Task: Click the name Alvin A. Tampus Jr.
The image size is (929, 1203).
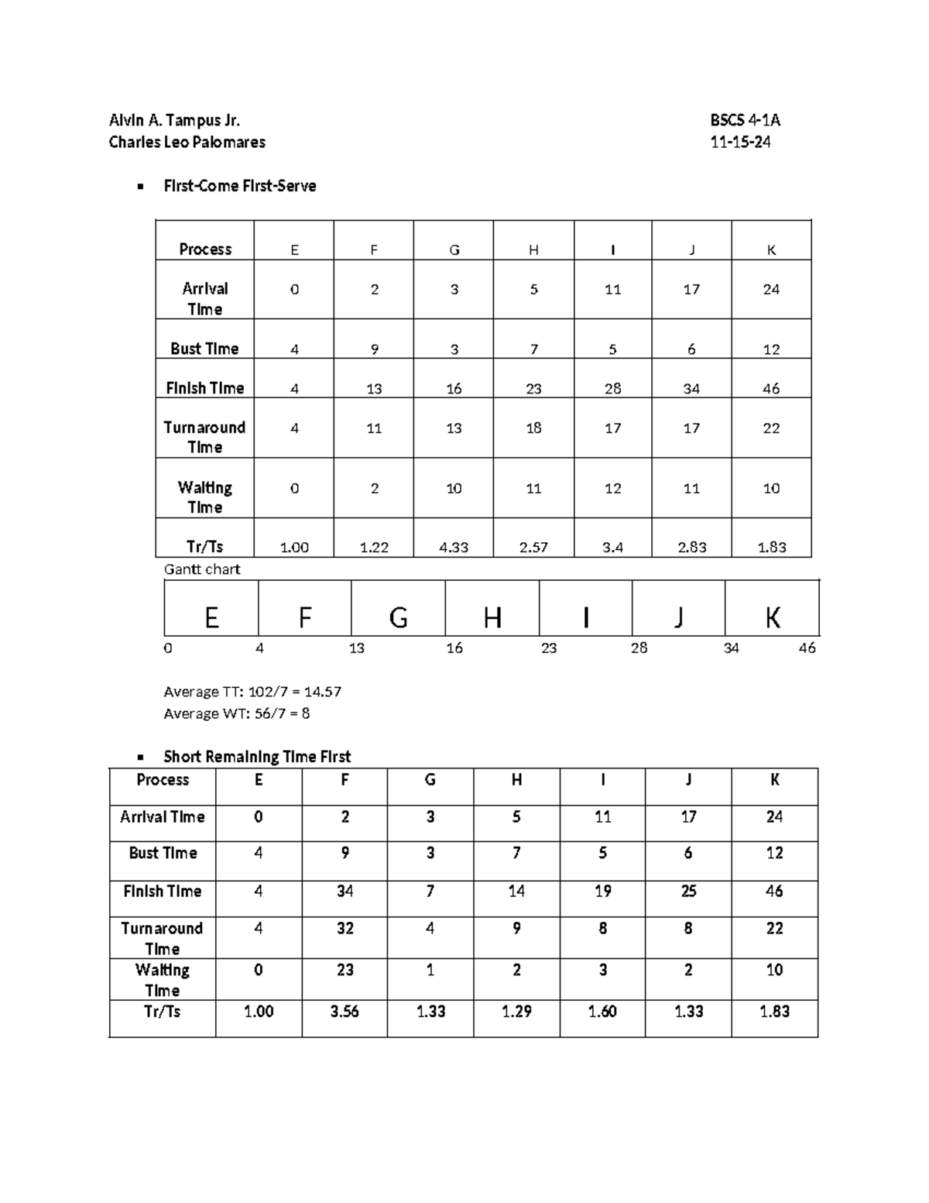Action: point(174,120)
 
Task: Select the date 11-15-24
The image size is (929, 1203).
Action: point(740,142)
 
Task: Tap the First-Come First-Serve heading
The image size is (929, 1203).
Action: point(239,186)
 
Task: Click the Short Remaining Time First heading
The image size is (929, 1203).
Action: point(257,756)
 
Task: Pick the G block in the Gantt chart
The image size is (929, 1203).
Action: point(398,617)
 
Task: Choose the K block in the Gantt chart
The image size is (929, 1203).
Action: point(772,617)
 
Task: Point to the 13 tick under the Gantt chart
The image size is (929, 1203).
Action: point(356,648)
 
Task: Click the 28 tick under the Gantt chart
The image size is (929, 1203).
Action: point(639,648)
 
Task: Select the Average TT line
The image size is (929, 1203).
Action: point(252,691)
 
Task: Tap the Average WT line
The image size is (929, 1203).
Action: point(236,713)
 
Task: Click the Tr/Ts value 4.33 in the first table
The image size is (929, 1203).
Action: point(454,547)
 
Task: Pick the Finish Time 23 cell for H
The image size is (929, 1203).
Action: point(533,389)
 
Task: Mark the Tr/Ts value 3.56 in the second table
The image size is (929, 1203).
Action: point(345,1011)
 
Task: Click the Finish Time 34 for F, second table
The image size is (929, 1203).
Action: point(345,892)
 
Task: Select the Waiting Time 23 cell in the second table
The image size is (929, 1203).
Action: point(345,970)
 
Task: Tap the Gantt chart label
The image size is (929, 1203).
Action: point(202,569)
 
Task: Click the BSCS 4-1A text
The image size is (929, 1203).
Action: point(745,120)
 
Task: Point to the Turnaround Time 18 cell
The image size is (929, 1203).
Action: point(533,428)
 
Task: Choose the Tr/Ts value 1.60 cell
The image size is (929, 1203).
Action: point(602,1011)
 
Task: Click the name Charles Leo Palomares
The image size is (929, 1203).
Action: point(187,142)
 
